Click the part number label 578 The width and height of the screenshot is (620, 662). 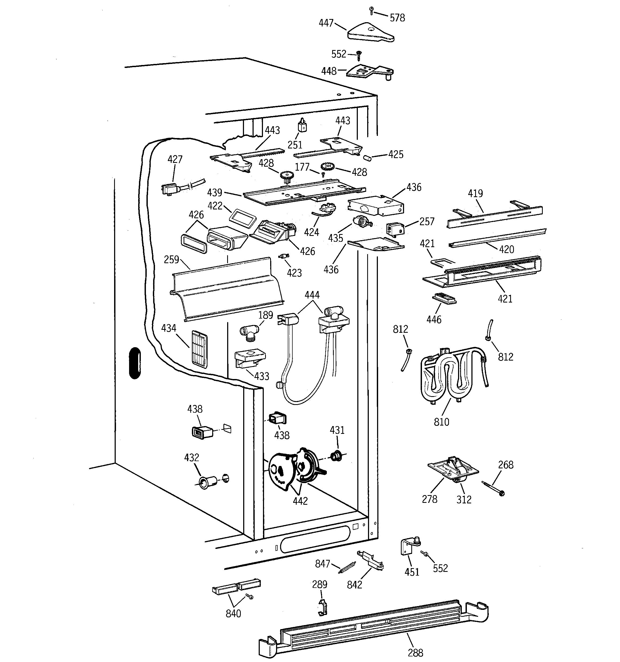click(x=397, y=18)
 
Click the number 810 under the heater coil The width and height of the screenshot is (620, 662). click(x=441, y=422)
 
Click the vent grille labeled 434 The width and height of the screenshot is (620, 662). click(x=199, y=349)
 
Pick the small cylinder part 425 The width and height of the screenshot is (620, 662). click(x=367, y=158)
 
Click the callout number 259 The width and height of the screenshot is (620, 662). click(x=171, y=259)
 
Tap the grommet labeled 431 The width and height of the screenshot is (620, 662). click(x=336, y=456)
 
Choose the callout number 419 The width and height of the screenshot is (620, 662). click(x=475, y=193)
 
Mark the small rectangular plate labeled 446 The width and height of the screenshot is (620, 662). click(x=444, y=298)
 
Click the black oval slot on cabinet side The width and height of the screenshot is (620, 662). click(x=135, y=363)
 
